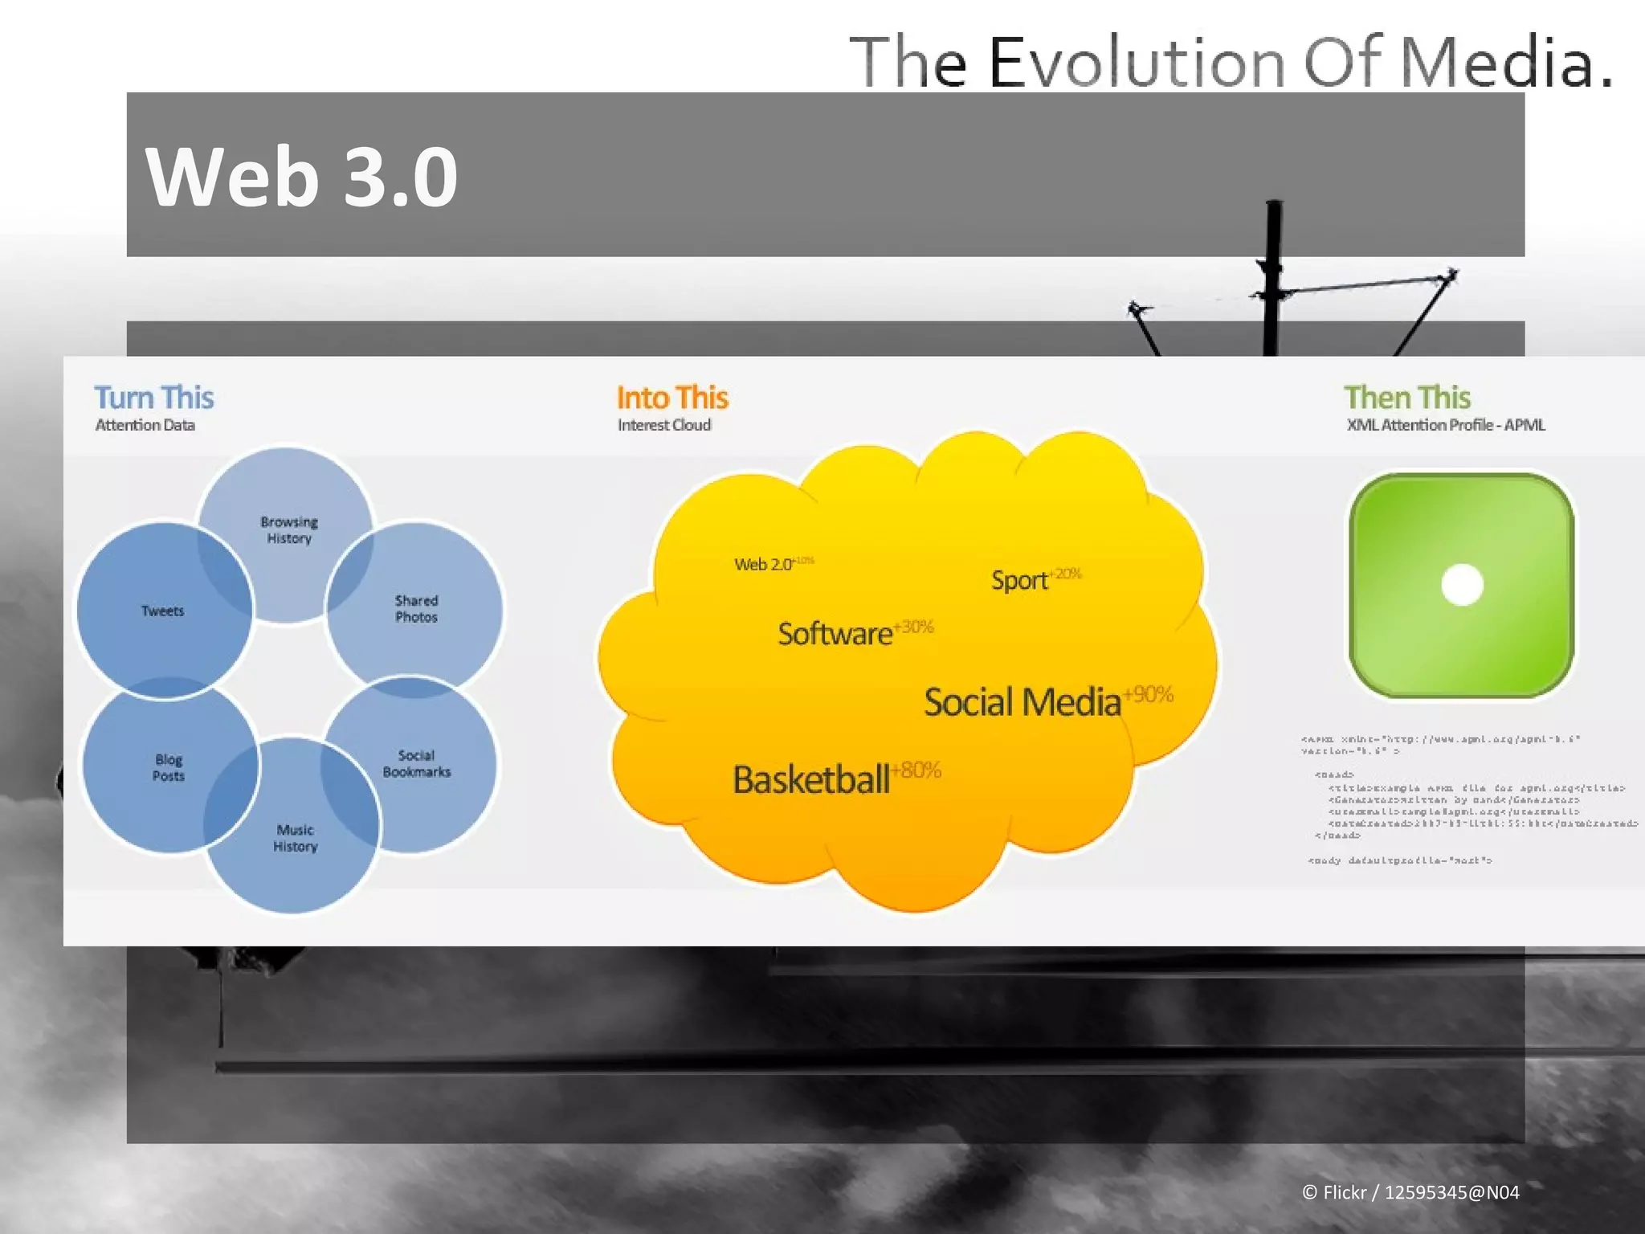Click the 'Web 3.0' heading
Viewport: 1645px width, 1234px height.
pyautogui.click(x=301, y=177)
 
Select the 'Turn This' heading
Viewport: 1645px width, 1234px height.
pyautogui.click(x=154, y=398)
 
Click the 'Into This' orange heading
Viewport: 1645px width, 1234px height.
pyautogui.click(x=672, y=398)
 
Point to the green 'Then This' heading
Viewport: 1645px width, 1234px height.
pyautogui.click(x=1407, y=398)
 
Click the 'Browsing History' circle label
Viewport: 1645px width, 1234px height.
pyautogui.click(x=289, y=530)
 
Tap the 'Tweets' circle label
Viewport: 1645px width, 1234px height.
pyautogui.click(x=163, y=611)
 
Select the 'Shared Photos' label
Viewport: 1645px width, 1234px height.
pyautogui.click(x=416, y=609)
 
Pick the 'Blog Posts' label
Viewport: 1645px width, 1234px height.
pyautogui.click(x=169, y=767)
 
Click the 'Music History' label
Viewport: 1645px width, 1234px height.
pyautogui.click(x=296, y=838)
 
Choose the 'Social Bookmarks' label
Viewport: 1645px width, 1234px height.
pyautogui.click(x=416, y=763)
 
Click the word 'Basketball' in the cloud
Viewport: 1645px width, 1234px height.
pyautogui.click(x=810, y=779)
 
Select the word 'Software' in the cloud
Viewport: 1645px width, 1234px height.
pyautogui.click(x=835, y=634)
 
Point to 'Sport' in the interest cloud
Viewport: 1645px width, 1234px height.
pyautogui.click(x=1018, y=580)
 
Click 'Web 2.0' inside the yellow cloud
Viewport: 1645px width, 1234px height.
pyautogui.click(x=762, y=564)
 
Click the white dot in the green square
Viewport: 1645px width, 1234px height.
pyautogui.click(x=1462, y=584)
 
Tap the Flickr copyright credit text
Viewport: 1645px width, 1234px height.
pyautogui.click(x=1410, y=1192)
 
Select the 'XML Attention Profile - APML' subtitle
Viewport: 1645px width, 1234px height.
pyautogui.click(x=1446, y=425)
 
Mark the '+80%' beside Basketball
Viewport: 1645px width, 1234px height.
pyautogui.click(x=916, y=770)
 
